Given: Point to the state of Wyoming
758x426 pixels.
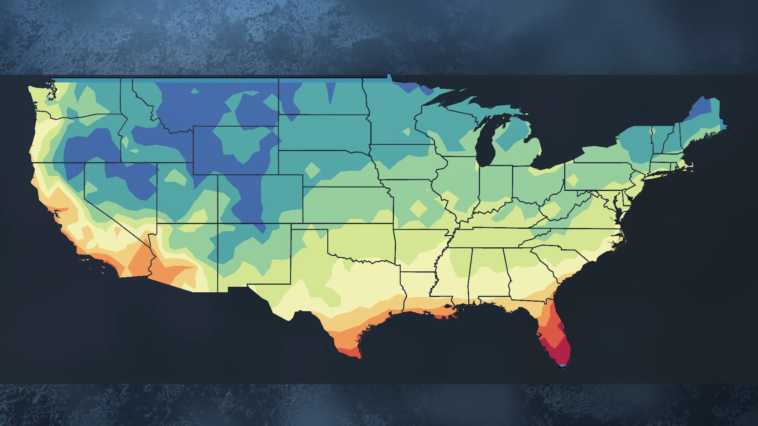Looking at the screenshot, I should point(235,150).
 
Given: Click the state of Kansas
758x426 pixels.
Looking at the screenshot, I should point(347,205).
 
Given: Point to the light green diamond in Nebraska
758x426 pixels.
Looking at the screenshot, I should point(313,170).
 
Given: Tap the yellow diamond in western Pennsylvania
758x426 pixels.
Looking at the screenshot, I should point(572,181).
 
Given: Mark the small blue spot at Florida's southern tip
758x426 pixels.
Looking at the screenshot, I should point(561,366).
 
